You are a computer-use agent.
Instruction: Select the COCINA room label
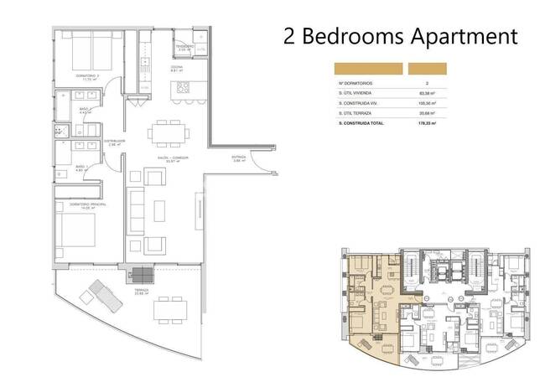pyautogui.click(x=176, y=70)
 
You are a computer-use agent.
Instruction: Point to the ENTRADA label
pyautogui.click(x=240, y=158)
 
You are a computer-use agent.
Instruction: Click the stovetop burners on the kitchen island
pyautogui.click(x=184, y=87)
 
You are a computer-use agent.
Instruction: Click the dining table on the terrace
pyautogui.click(x=171, y=309)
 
